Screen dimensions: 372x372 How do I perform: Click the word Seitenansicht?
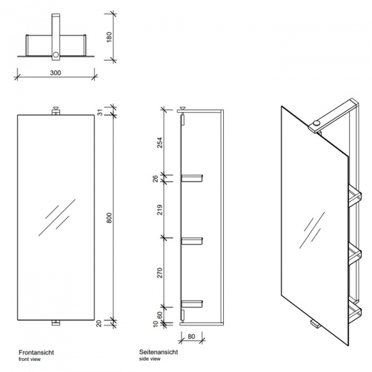pos(159,352)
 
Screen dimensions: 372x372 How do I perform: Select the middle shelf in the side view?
pos(193,239)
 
